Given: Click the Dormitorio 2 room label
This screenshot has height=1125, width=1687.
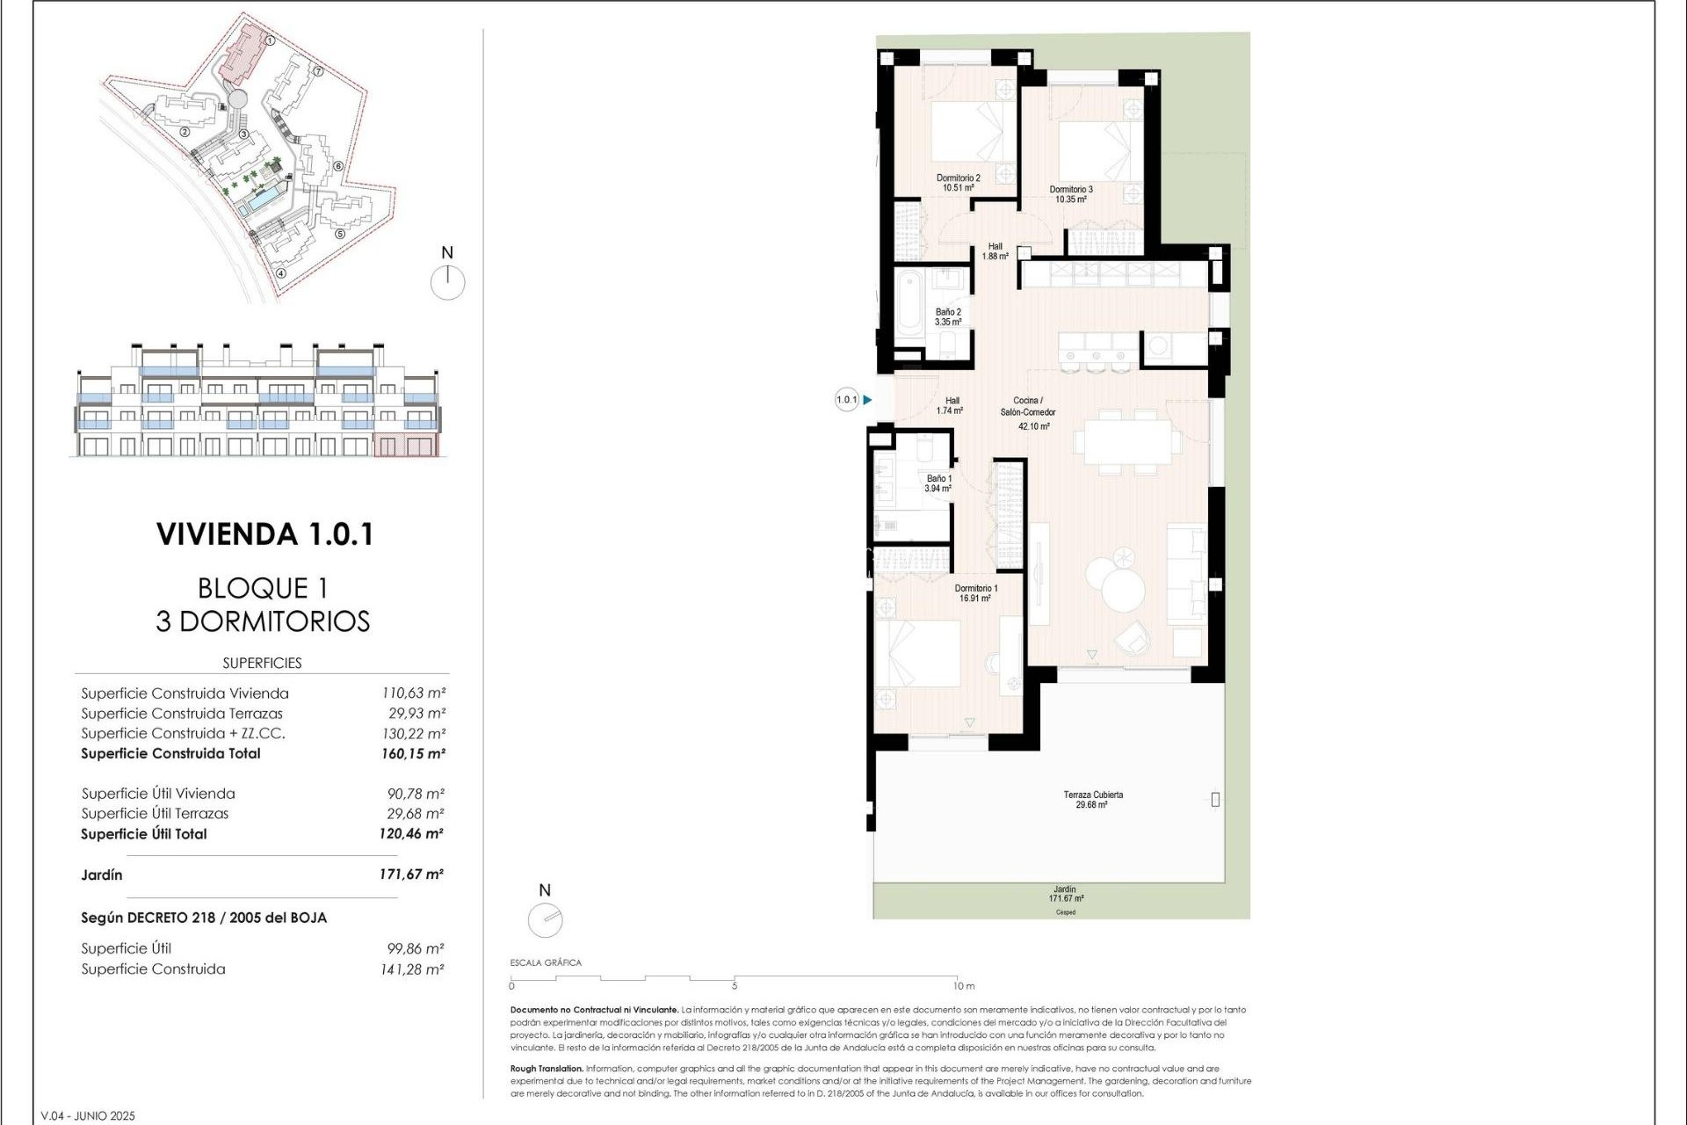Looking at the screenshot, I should pyautogui.click(x=958, y=182).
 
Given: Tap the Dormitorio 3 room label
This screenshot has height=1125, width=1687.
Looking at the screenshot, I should pyautogui.click(x=1071, y=193).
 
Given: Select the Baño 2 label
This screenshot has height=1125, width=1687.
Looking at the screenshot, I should pyautogui.click(x=948, y=316).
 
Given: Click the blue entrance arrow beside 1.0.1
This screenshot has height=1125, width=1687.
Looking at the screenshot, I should pyautogui.click(x=867, y=400).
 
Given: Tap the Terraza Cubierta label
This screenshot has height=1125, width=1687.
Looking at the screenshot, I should pyautogui.click(x=1092, y=799).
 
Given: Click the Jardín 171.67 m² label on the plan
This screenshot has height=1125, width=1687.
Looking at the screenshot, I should pyautogui.click(x=1064, y=894).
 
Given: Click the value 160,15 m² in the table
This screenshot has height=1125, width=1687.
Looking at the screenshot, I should pyautogui.click(x=413, y=753).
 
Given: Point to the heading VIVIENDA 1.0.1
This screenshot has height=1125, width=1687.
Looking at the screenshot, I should pyautogui.click(x=264, y=534).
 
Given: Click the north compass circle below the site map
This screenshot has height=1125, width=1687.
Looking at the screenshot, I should pyautogui.click(x=447, y=283).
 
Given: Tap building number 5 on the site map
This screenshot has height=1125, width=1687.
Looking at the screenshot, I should pyautogui.click(x=339, y=234).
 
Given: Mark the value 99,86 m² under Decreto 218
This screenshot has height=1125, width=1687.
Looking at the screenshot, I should pyautogui.click(x=416, y=948).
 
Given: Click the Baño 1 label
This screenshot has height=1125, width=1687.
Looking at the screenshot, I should pyautogui.click(x=938, y=483).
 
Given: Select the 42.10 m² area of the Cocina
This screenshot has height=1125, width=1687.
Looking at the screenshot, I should pyautogui.click(x=1033, y=426).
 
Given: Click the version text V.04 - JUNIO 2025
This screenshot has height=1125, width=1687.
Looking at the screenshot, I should pyautogui.click(x=89, y=1116).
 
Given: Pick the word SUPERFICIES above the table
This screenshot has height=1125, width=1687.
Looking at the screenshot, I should pyautogui.click(x=262, y=663).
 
